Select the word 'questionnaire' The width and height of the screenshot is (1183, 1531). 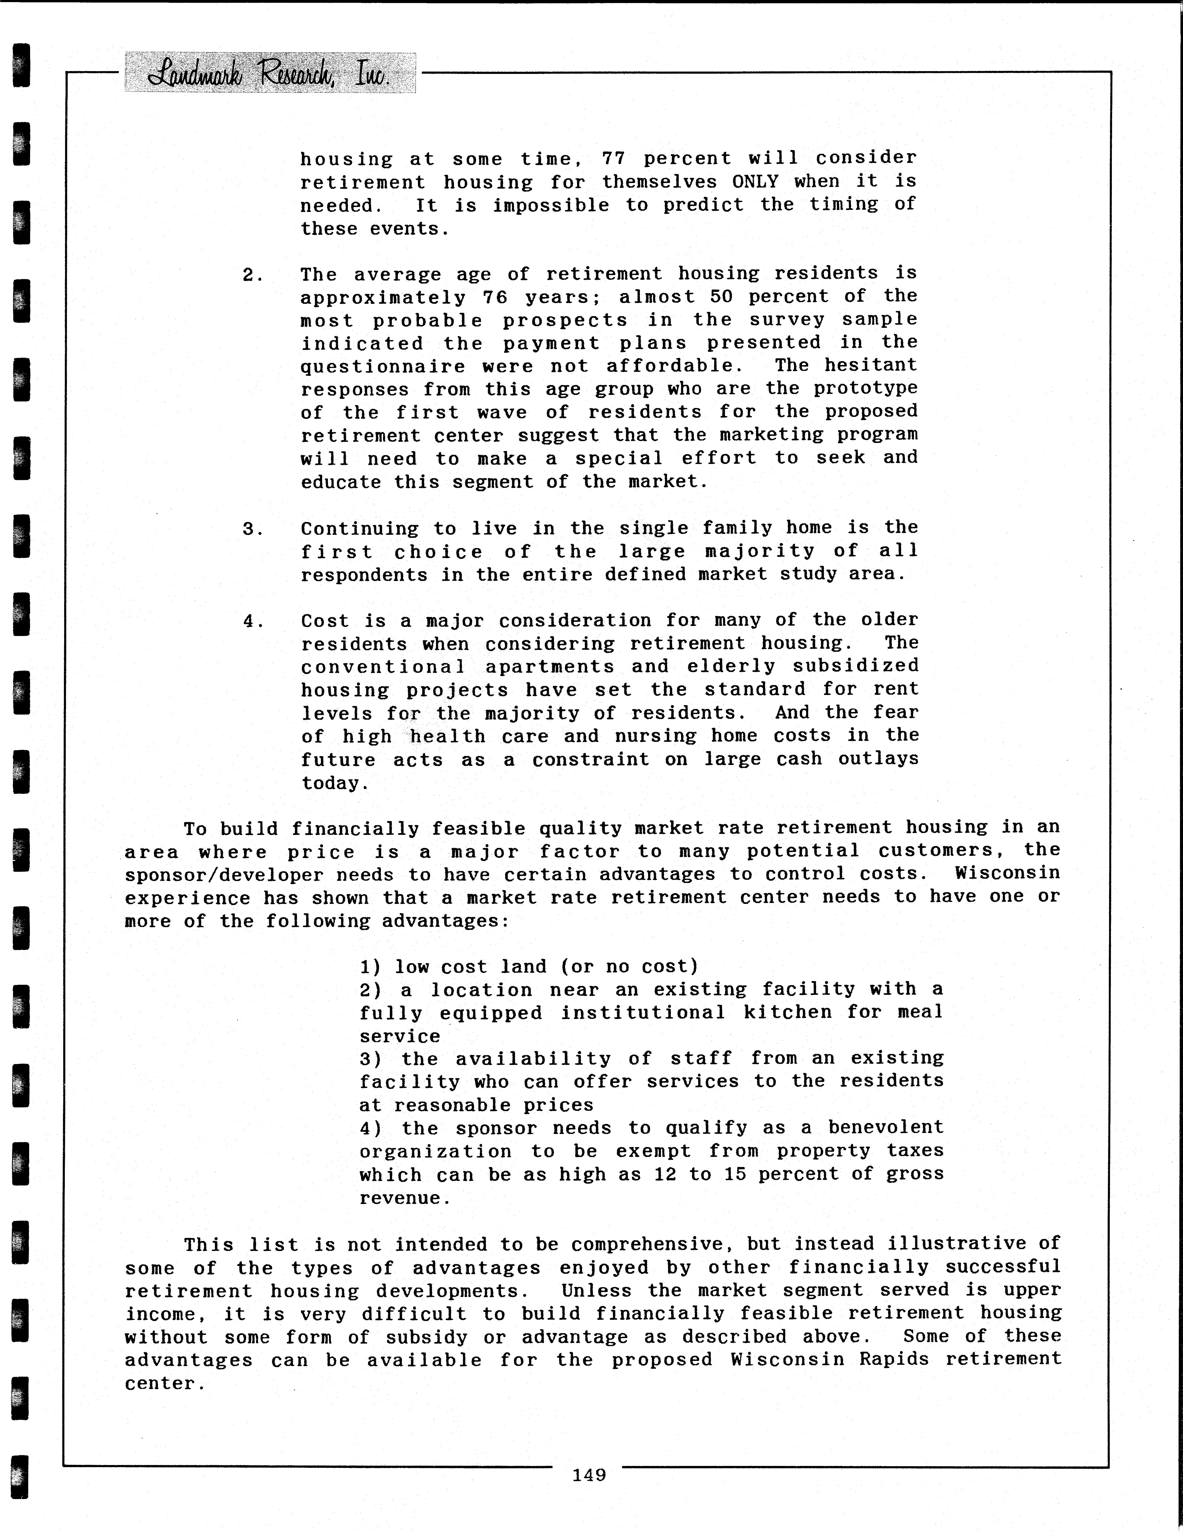click(383, 367)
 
